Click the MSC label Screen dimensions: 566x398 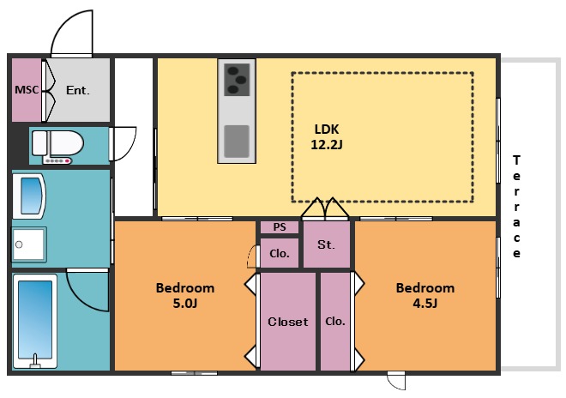[27, 89]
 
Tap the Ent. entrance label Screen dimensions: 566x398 [77, 90]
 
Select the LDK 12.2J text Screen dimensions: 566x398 [327, 137]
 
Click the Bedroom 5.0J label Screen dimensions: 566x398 [185, 295]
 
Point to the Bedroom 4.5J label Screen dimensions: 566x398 [425, 295]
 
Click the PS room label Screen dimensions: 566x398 [280, 227]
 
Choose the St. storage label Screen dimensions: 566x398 [326, 244]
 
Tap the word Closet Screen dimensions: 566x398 [288, 322]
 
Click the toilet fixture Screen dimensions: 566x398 [57, 144]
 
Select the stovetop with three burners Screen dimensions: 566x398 [237, 80]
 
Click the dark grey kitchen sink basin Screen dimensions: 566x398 [237, 142]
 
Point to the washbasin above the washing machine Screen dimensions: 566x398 [29, 196]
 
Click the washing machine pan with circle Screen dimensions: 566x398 [29, 244]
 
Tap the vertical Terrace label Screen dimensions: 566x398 [516, 206]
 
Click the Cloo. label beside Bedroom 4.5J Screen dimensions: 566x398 [335, 321]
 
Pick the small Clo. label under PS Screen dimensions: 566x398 [280, 254]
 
